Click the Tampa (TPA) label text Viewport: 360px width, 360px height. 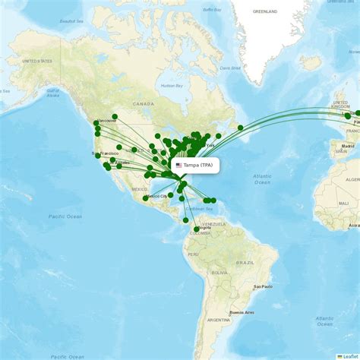200,165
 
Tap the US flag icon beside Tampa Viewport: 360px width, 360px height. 179,165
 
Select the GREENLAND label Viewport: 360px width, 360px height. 265,12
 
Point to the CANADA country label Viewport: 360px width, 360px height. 143,103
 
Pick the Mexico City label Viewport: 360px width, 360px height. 156,196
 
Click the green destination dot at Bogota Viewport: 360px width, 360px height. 197,229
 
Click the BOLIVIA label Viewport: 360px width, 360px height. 219,272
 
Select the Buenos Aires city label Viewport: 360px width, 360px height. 242,312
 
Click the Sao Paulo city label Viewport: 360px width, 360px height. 263,286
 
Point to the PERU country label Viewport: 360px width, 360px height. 194,254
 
